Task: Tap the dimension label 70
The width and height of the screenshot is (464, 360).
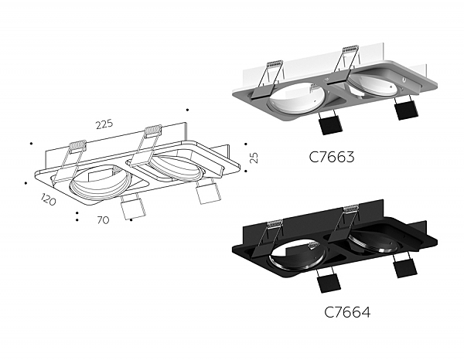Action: [102, 220]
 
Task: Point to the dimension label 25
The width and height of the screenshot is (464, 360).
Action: [254, 157]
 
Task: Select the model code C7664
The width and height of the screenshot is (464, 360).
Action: [346, 312]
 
